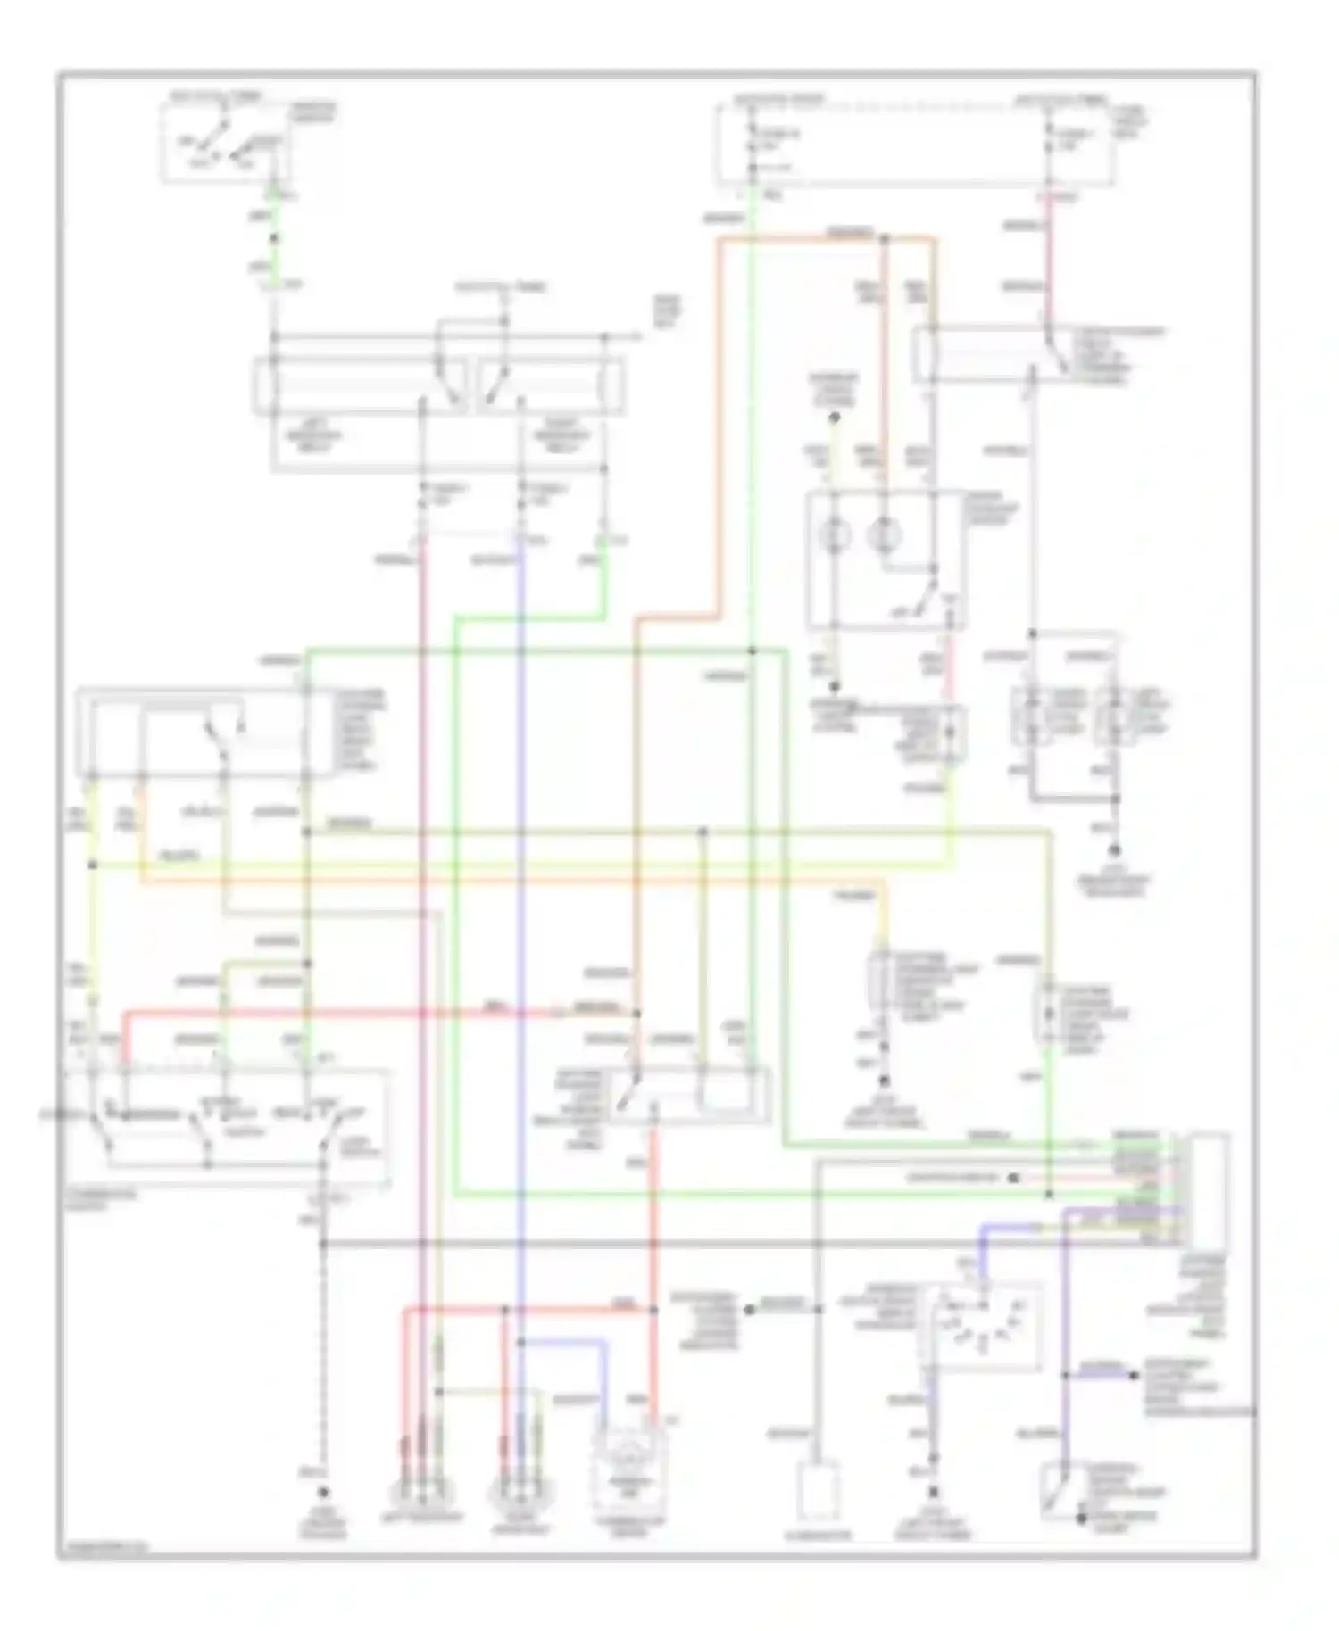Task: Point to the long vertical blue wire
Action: (x=520, y=892)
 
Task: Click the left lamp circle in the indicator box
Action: (x=836, y=535)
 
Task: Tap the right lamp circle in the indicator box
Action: (x=885, y=535)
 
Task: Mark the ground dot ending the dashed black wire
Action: (x=323, y=1492)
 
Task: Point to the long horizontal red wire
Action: (x=375, y=1013)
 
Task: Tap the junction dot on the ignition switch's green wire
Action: (x=273, y=237)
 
